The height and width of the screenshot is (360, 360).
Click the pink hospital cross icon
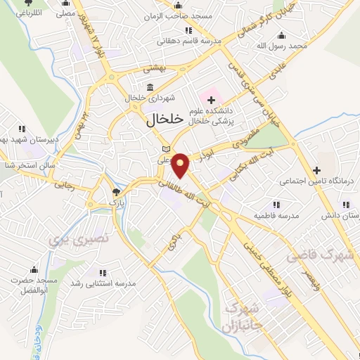pyautogui.click(x=211, y=101)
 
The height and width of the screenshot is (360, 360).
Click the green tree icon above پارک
pyautogui.click(x=116, y=191)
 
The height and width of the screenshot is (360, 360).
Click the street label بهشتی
pyautogui.click(x=153, y=69)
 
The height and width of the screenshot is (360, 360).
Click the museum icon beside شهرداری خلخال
pyautogui.click(x=130, y=88)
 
